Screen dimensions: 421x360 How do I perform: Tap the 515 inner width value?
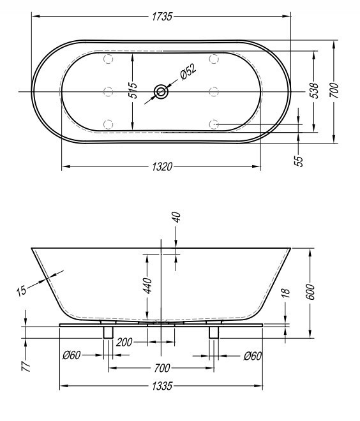(132, 92)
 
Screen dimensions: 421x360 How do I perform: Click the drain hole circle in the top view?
(160, 92)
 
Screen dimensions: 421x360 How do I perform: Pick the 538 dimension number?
(313, 92)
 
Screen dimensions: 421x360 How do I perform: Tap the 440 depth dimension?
(146, 285)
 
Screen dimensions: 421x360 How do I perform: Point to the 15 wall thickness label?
(22, 290)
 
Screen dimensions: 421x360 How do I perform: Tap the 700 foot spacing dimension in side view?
(161, 368)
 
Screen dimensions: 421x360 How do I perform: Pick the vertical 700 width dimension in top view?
(333, 92)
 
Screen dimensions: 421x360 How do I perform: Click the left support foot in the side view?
(107, 332)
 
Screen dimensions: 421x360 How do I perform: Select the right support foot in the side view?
(214, 332)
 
